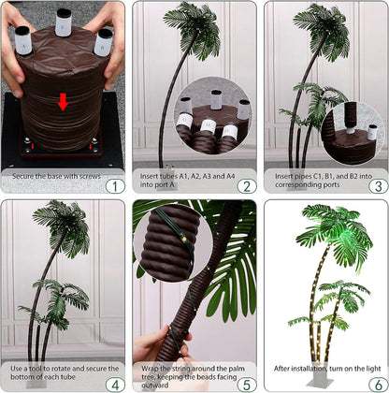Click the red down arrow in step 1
click(x=63, y=101)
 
